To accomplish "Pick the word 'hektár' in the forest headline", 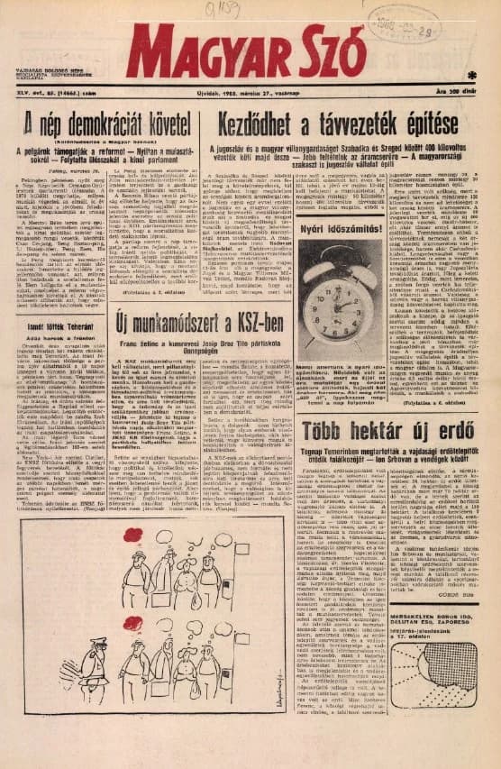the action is click(380, 428).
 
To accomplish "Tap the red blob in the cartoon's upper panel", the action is click(133, 535).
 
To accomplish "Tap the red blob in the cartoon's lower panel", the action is click(133, 623).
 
